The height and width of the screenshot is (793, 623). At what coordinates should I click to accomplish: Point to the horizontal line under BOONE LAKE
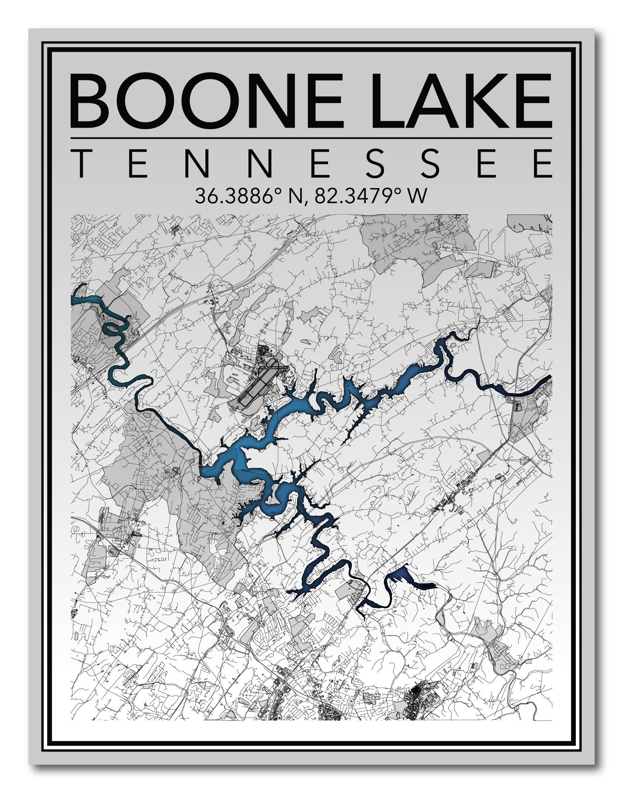point(311,138)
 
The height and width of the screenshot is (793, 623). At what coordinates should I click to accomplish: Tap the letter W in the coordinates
point(419,196)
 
